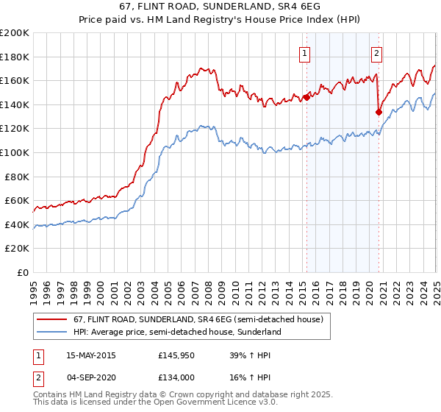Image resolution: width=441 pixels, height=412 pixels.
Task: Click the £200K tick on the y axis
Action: click(15, 33)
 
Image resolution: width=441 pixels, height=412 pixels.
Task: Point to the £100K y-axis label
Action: click(15, 152)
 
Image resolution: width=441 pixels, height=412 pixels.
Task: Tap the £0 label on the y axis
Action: click(24, 272)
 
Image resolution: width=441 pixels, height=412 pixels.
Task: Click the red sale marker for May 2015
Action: click(306, 97)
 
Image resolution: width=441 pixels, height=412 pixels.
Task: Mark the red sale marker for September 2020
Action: click(379, 112)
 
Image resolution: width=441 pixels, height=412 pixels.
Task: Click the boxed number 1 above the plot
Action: click(304, 52)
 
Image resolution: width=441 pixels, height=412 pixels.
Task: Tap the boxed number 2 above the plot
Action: click(376, 52)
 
